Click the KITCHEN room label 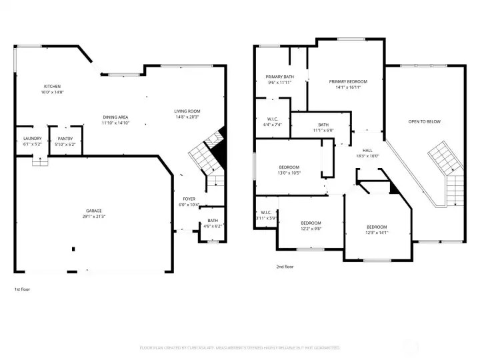[53, 87]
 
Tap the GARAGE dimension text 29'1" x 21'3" [94, 217]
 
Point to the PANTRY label [65, 138]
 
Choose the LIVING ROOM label [187, 111]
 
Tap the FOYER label [189, 199]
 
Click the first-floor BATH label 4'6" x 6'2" [212, 221]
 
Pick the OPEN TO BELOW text [425, 121]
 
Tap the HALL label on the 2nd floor [367, 151]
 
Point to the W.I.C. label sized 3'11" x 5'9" [265, 214]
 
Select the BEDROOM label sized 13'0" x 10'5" [289, 167]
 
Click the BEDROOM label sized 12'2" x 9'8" [311, 223]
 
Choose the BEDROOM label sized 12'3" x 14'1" [377, 227]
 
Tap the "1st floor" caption [22, 289]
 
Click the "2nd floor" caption [285, 267]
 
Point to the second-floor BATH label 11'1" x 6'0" [323, 125]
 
